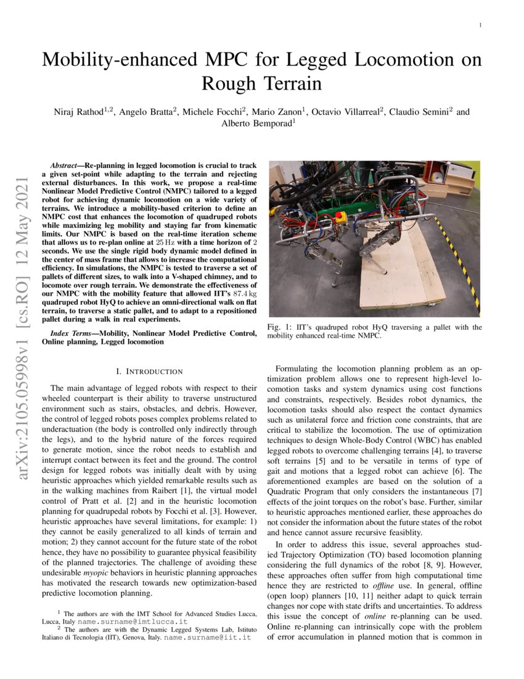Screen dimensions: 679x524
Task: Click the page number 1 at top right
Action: coord(480,25)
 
